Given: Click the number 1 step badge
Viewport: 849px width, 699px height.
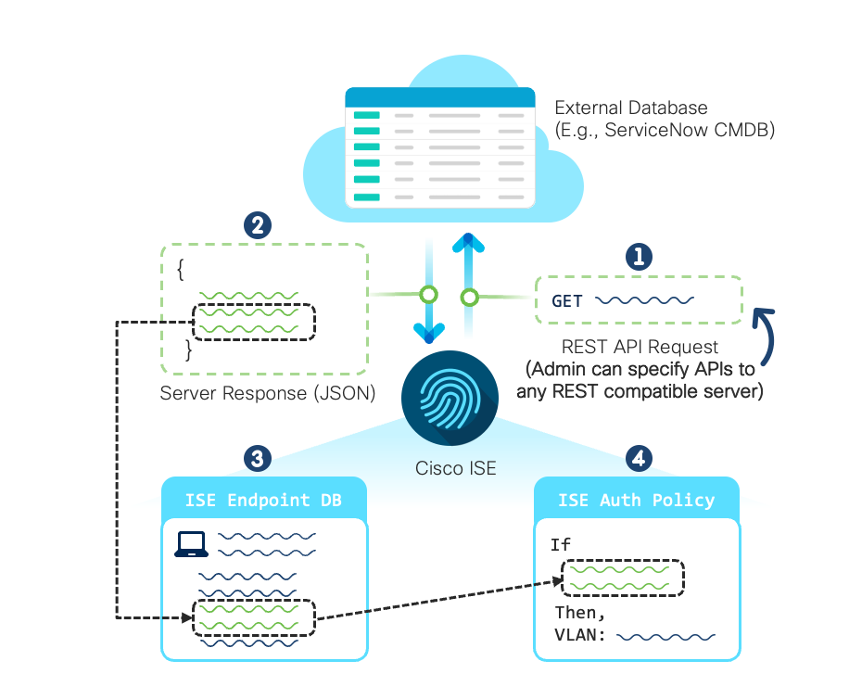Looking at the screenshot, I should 638,257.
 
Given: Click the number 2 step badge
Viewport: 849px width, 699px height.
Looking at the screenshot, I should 256,225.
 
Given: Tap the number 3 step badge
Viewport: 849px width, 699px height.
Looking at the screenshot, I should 256,457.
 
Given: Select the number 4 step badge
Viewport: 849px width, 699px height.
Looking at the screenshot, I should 638,457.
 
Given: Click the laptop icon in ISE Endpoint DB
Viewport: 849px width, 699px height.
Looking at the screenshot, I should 192,544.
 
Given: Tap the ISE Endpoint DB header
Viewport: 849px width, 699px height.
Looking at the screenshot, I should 264,501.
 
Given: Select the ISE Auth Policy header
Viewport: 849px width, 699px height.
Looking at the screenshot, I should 637,501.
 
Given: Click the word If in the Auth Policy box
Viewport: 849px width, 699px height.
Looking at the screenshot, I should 561,545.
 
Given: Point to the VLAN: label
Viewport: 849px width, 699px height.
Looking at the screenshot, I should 580,637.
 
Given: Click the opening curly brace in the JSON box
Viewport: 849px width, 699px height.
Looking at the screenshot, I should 181,271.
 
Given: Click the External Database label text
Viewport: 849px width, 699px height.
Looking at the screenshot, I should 630,108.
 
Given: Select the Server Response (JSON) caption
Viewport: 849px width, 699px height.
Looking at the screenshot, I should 268,393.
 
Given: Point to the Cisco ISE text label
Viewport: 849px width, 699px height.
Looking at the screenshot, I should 455,468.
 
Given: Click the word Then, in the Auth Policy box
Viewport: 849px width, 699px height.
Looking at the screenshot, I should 580,613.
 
